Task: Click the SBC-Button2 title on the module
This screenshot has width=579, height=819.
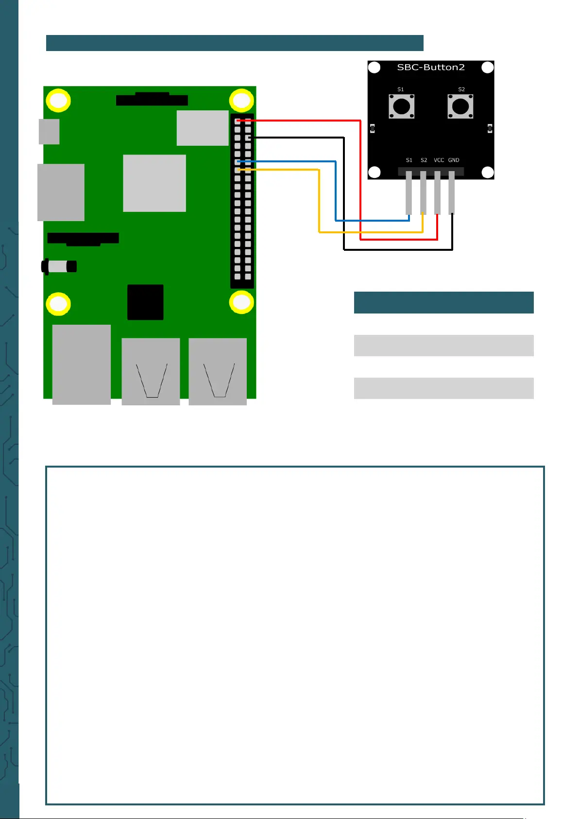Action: [430, 67]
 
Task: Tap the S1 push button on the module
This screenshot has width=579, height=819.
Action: [401, 106]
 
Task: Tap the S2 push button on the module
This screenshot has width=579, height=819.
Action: [460, 106]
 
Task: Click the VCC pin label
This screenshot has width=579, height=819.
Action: [439, 160]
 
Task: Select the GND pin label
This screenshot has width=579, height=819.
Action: [454, 160]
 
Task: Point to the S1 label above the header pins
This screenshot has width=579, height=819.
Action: [409, 160]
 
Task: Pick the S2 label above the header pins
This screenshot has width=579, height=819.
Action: [424, 160]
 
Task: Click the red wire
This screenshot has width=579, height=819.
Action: [360, 180]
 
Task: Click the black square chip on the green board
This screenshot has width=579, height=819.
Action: [145, 302]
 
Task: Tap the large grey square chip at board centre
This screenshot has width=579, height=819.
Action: [154, 183]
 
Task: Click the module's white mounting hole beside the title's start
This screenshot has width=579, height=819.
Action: [375, 68]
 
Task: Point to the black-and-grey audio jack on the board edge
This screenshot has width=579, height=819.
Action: [59, 266]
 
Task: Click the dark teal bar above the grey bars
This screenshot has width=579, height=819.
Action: [443, 302]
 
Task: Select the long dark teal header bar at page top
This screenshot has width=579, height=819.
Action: [235, 43]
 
